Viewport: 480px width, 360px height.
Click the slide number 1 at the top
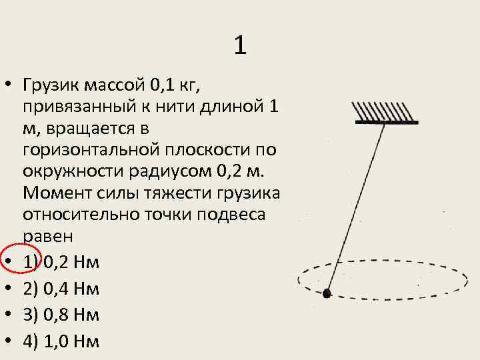click(240, 45)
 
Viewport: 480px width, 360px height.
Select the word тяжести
click(189, 193)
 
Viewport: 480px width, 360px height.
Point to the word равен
click(47, 235)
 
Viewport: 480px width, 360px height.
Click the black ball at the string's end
click(327, 293)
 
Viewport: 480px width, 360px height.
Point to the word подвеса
click(224, 214)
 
